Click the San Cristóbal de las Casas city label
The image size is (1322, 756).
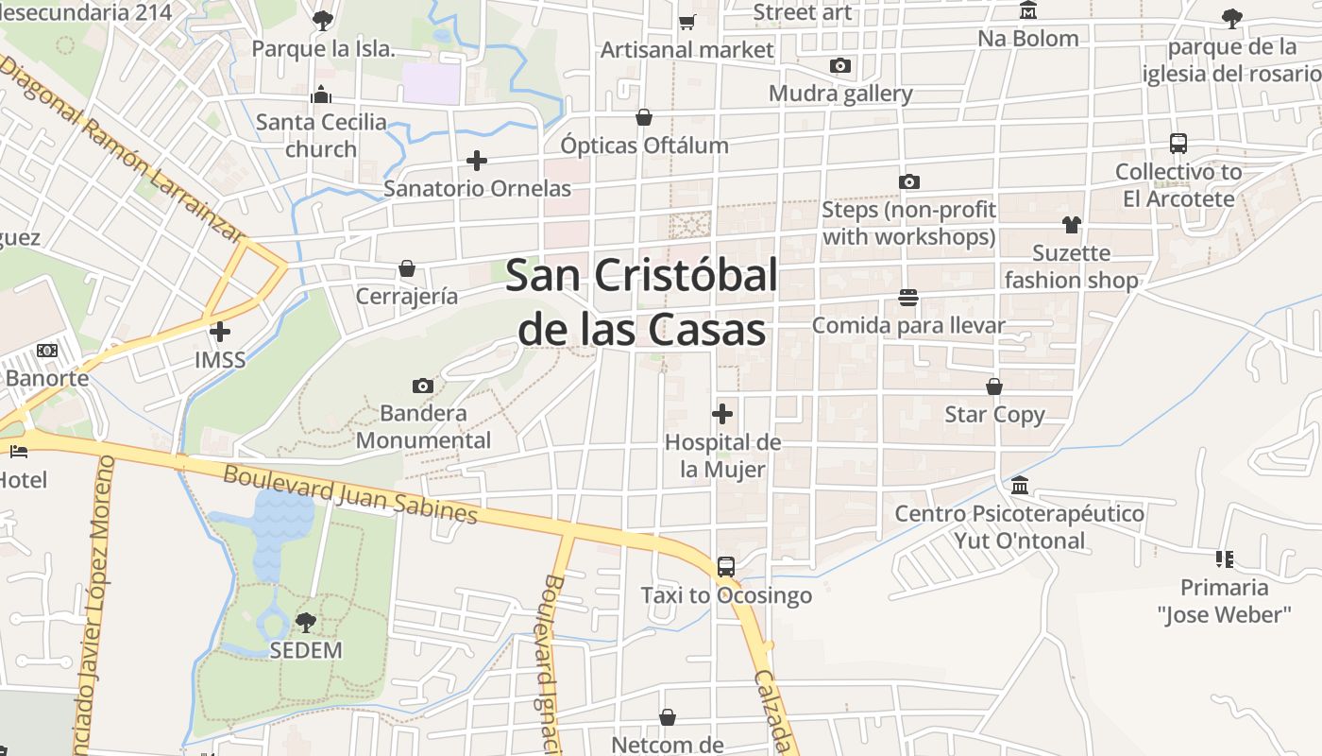[642, 302]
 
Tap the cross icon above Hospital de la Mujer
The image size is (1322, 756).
[722, 414]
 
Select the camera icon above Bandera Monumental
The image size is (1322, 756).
[423, 386]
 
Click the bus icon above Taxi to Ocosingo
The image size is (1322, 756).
[725, 567]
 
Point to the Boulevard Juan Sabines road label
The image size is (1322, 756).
[350, 494]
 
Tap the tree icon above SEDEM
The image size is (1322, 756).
[305, 622]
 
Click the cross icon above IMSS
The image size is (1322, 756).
[220, 332]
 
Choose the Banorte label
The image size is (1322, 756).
[47, 378]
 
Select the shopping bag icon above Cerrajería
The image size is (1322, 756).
[407, 268]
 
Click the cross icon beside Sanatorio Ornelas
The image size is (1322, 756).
[477, 161]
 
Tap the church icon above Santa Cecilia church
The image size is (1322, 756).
[321, 94]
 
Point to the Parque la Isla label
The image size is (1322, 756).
[323, 49]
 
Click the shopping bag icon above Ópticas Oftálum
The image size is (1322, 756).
[644, 117]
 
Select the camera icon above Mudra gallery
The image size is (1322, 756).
[839, 65]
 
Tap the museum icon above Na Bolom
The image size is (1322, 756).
[1028, 11]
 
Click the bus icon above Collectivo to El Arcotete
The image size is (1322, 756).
[1178, 144]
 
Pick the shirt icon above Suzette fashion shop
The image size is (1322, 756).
[1071, 224]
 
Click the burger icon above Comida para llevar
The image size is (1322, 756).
[908, 298]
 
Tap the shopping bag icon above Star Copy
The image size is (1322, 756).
[994, 387]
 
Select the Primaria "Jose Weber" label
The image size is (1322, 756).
[1224, 601]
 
